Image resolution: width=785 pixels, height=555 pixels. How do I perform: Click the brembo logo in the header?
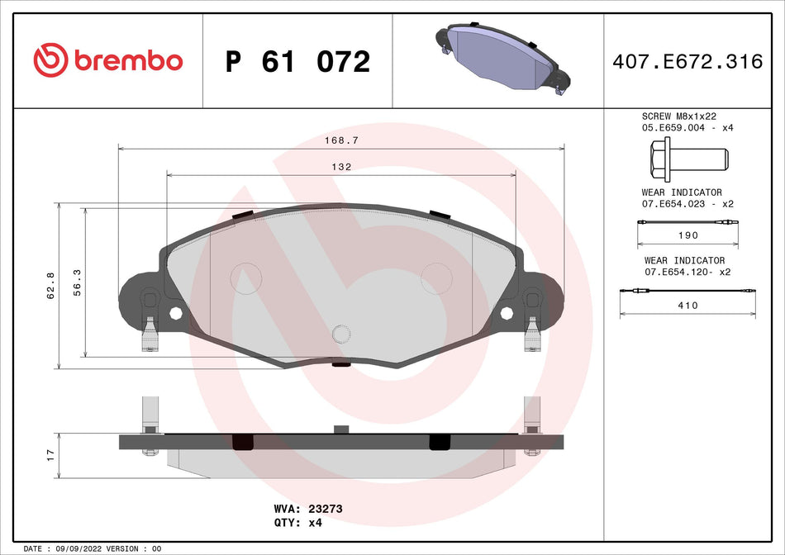point(107,60)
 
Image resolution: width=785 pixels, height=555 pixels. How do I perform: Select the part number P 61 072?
point(297,61)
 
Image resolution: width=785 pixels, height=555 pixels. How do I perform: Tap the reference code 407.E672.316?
point(687,61)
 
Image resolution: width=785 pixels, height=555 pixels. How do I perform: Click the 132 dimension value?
point(341,167)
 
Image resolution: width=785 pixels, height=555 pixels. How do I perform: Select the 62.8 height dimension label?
point(50,285)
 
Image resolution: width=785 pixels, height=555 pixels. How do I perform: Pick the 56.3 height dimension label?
point(78,282)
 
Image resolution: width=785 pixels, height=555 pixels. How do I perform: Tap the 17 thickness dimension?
point(50,454)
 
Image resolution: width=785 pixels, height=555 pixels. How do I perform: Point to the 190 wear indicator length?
point(687,235)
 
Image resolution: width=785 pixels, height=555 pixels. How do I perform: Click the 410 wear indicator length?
point(687,306)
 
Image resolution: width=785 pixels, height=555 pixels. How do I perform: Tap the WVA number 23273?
point(325,510)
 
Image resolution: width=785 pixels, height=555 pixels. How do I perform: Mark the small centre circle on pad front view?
point(341,333)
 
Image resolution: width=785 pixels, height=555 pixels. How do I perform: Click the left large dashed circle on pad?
point(245,277)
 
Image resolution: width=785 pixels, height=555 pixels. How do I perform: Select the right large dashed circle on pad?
point(436,277)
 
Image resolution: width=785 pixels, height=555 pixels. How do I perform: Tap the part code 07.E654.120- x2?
point(687,271)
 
